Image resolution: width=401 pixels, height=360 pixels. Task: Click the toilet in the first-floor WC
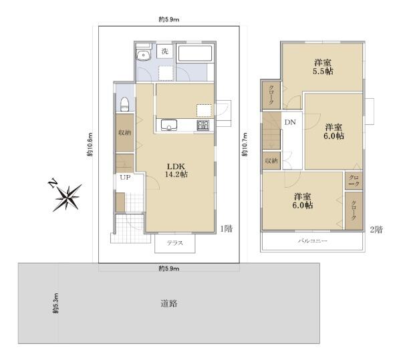[124, 104]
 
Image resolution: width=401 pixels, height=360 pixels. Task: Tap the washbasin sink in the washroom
[143, 55]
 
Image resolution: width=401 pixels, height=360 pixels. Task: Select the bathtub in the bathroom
[194, 53]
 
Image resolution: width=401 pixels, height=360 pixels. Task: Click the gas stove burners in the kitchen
[203, 125]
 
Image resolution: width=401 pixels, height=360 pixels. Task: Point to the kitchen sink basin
[169, 125]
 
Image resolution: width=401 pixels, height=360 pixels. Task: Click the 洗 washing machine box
[165, 51]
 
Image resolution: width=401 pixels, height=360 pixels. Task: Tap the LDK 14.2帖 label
[176, 170]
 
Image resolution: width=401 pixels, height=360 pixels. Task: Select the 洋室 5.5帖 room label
[323, 67]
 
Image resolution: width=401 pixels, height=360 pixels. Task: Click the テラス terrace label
[175, 243]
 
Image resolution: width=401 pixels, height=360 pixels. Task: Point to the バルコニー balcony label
[313, 240]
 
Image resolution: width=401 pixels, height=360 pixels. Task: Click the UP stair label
[126, 177]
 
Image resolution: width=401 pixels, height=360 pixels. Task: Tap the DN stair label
[290, 122]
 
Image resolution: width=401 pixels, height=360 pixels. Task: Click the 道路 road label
[169, 303]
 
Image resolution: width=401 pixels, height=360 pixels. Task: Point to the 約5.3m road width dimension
[55, 303]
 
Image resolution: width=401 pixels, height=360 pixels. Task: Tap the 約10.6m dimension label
[90, 144]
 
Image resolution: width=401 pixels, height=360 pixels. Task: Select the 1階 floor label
[227, 228]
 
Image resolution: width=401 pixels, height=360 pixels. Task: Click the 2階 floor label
[376, 230]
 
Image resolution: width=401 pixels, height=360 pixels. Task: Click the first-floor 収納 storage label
[125, 133]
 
